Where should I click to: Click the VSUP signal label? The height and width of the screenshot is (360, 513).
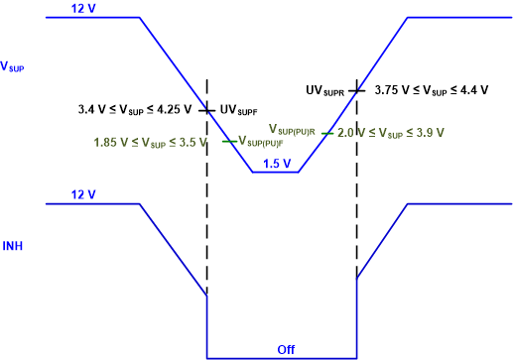pos(14,67)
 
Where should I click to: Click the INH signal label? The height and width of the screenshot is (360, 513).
pos(13,245)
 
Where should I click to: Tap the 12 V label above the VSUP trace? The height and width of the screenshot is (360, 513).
pos(83,9)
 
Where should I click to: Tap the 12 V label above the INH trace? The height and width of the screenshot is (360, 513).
pos(83,194)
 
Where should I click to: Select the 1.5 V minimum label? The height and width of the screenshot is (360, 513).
pos(276,164)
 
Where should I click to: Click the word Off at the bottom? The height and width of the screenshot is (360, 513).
pos(286,349)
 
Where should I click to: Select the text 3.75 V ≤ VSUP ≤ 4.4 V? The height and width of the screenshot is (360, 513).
pos(438,90)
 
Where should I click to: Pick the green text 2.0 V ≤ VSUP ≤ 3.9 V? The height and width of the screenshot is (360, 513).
pos(390,132)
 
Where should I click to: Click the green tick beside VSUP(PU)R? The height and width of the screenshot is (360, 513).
pos(326,132)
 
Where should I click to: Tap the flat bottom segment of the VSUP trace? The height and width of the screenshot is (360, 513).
pos(276,173)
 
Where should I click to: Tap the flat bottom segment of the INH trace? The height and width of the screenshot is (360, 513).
pos(281,357)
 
